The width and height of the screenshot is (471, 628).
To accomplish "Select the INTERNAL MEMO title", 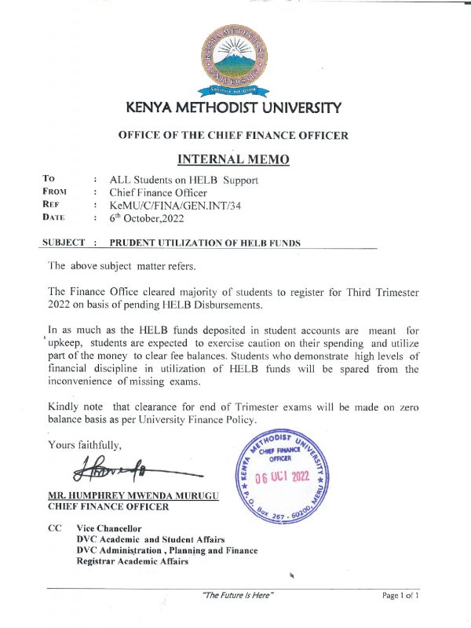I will pyautogui.click(x=233, y=159).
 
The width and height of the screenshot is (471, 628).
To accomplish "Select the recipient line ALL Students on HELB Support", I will pyautogui.click(x=184, y=180).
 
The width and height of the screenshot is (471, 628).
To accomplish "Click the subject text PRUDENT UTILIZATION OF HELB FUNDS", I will pyautogui.click(x=205, y=243).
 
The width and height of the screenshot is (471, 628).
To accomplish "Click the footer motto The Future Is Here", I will pyautogui.click(x=238, y=596).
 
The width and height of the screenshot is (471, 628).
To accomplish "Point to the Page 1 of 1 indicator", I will pyautogui.click(x=400, y=596).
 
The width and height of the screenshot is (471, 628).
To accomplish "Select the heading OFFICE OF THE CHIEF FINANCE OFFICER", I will pyautogui.click(x=233, y=135).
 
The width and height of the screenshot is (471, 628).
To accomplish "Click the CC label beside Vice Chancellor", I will pyautogui.click(x=55, y=528).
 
